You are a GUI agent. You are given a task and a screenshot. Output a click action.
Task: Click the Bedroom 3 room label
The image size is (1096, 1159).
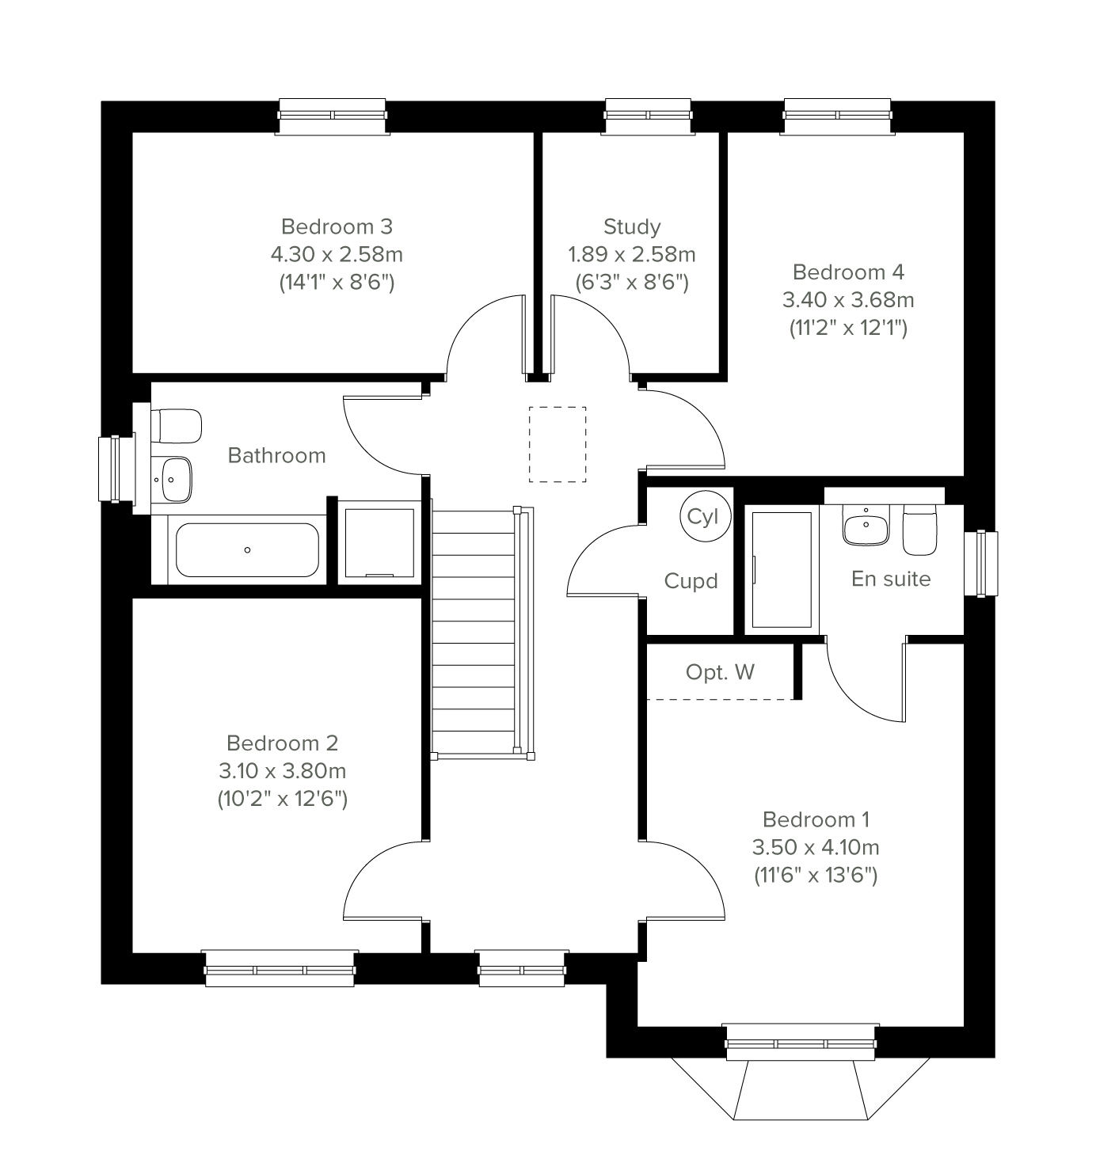pyautogui.click(x=337, y=227)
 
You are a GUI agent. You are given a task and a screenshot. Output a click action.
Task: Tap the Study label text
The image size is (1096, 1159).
pyautogui.click(x=631, y=227)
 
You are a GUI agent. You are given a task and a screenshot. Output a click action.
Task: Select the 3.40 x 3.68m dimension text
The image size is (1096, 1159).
pyautogui.click(x=847, y=300)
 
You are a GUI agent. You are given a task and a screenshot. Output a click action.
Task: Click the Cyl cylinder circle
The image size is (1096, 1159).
pyautogui.click(x=702, y=516)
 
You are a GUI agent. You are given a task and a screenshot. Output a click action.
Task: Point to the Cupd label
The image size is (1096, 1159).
pyautogui.click(x=691, y=581)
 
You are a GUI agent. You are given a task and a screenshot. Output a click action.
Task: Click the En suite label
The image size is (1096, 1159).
pyautogui.click(x=890, y=579)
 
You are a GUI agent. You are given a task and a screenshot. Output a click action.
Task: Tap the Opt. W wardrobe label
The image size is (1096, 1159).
pyautogui.click(x=720, y=672)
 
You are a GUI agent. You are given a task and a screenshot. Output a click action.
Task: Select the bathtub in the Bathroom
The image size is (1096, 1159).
pyautogui.click(x=247, y=549)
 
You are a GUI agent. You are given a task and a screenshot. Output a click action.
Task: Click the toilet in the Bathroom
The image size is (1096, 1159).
pyautogui.click(x=178, y=426)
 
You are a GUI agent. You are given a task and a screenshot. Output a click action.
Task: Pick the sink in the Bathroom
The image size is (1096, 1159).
pyautogui.click(x=174, y=479)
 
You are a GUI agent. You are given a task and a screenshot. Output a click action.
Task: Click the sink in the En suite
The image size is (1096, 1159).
pyautogui.click(x=866, y=526)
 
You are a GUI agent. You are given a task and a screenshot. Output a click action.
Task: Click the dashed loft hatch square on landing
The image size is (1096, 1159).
pyautogui.click(x=558, y=444)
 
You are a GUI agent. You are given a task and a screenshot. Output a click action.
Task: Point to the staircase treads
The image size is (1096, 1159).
pyautogui.click(x=474, y=633)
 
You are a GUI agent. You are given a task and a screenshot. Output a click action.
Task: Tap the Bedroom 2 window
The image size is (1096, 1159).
pyautogui.click(x=279, y=969)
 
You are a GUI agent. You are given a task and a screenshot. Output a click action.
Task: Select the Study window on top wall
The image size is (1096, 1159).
pyautogui.click(x=648, y=115)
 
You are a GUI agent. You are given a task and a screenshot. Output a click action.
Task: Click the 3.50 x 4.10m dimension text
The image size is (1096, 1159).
pyautogui.click(x=815, y=847)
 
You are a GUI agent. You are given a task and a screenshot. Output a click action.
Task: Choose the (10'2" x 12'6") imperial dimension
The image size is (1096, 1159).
pyautogui.click(x=283, y=799)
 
